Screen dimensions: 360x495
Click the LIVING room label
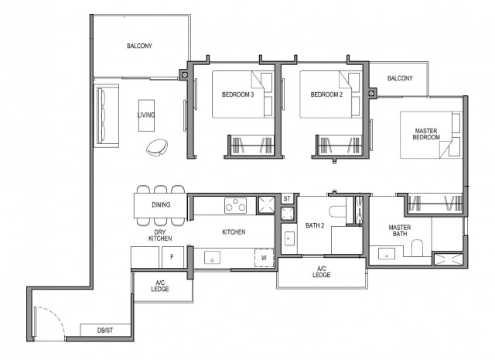[x=145, y=115]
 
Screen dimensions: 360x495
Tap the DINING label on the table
[x=160, y=205]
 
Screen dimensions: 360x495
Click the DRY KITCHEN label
[x=160, y=235]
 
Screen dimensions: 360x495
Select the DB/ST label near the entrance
[x=105, y=331]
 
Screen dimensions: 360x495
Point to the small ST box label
[x=286, y=200]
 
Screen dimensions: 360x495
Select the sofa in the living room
[x=104, y=115]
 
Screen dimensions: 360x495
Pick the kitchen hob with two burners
[x=235, y=205]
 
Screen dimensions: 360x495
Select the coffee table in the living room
[x=146, y=115]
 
